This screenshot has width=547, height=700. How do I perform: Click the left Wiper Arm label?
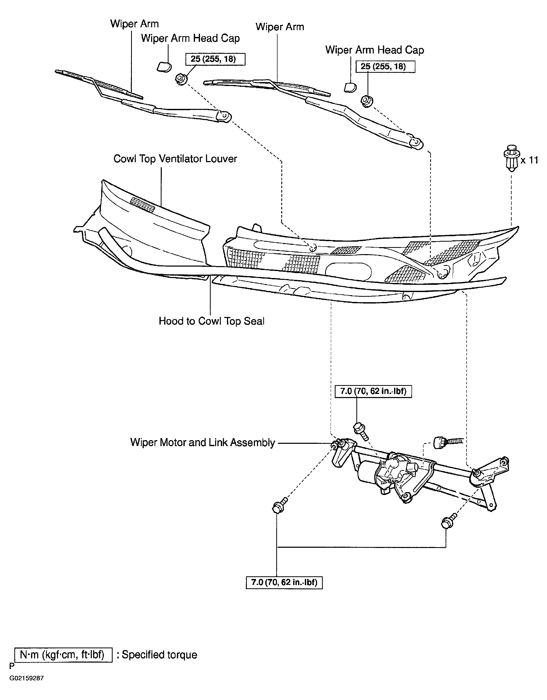[x=134, y=24]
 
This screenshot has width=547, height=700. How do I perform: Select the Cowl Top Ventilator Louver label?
[x=175, y=159]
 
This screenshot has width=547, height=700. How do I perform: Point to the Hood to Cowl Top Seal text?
[x=211, y=321]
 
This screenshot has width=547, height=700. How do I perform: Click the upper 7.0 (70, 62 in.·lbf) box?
[x=373, y=391]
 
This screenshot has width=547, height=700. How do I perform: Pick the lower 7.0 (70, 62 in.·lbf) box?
[x=284, y=582]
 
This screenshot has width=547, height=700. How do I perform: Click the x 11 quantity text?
[x=529, y=160]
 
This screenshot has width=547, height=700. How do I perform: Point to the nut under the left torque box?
[x=181, y=79]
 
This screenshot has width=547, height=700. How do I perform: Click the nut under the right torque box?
[x=366, y=101]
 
